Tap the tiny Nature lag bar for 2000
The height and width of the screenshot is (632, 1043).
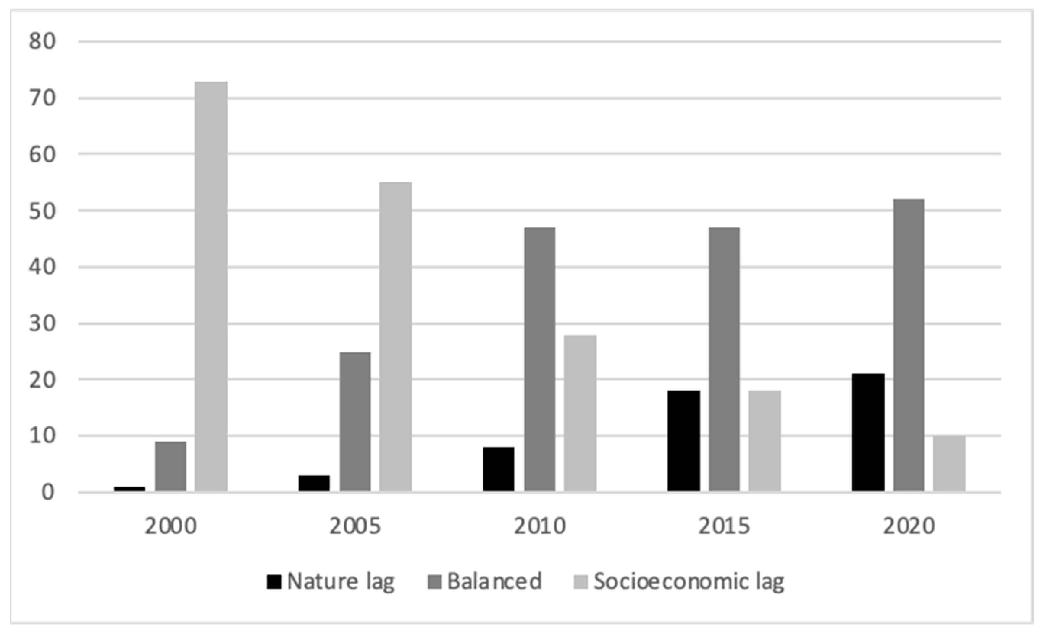click(129, 489)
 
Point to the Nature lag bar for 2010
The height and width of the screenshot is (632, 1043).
click(499, 469)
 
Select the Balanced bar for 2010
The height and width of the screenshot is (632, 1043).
click(539, 359)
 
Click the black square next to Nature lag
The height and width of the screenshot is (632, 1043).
click(274, 582)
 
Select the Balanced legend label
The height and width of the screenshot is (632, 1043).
click(494, 581)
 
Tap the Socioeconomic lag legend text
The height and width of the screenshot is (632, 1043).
click(689, 582)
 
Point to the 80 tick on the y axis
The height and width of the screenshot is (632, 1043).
click(42, 42)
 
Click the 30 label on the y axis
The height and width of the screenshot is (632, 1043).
click(42, 323)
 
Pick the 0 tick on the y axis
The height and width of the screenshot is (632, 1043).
click(47, 492)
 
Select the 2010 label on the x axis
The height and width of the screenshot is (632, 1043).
click(539, 526)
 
